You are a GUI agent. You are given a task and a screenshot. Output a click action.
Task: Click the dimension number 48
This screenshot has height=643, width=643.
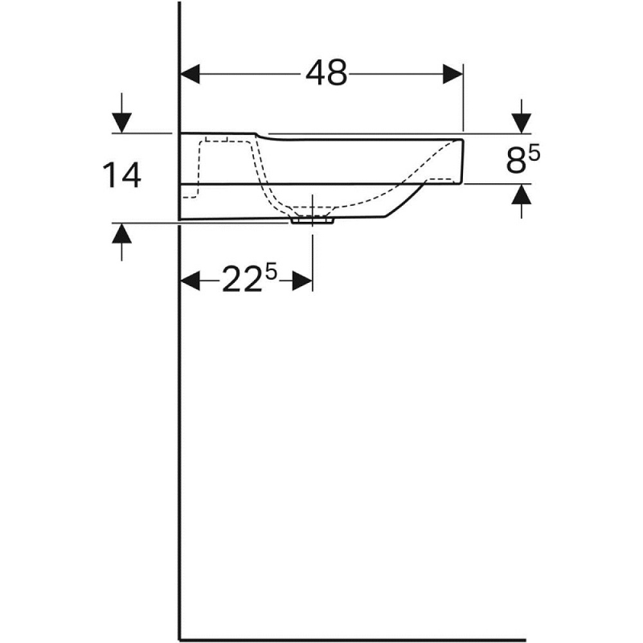326,74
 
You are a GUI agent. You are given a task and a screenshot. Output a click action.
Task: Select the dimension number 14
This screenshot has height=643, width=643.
122,176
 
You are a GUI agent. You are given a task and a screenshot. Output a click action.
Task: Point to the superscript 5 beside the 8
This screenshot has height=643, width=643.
535,153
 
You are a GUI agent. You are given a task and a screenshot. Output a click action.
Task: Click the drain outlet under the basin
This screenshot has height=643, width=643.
312,221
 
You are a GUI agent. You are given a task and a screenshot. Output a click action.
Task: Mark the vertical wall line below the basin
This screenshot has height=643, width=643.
179,418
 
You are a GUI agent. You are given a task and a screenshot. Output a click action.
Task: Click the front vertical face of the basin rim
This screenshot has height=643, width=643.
462,161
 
